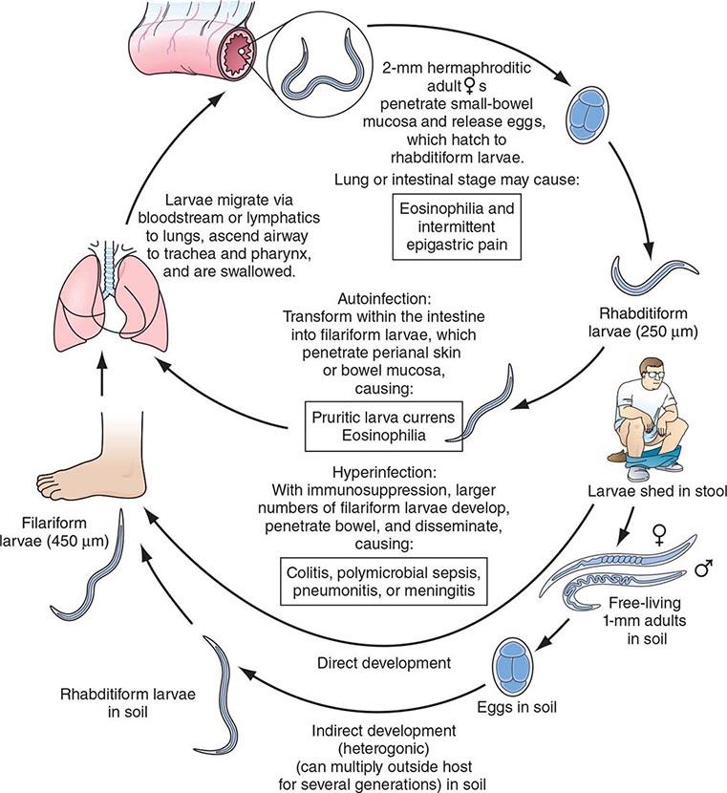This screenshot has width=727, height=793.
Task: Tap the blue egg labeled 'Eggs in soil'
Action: click(x=518, y=666)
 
